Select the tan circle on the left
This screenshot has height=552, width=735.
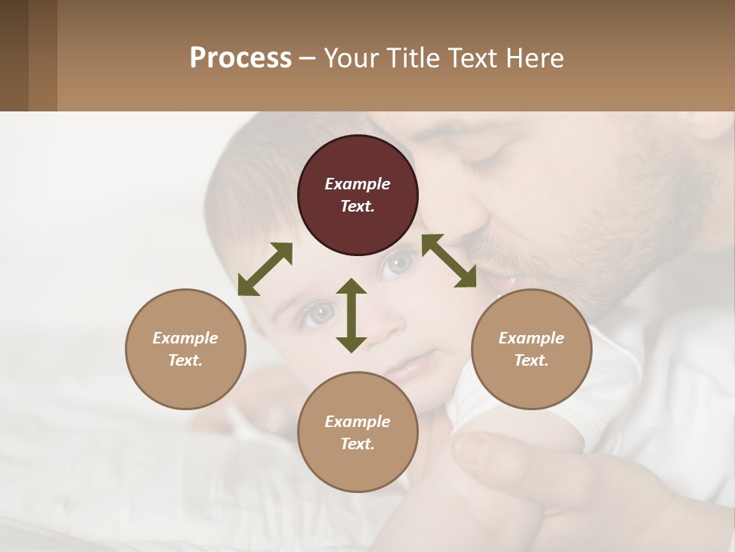click(x=185, y=349)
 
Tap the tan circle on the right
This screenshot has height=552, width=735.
click(x=531, y=349)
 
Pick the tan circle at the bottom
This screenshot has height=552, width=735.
click(x=358, y=432)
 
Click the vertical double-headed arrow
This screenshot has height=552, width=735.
click(x=351, y=315)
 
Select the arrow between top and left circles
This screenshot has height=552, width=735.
click(x=265, y=269)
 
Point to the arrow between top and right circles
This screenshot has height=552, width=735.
click(x=449, y=261)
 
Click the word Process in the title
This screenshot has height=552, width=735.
click(x=240, y=58)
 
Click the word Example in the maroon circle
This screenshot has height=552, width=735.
click(x=358, y=184)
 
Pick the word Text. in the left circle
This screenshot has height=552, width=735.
click(x=185, y=360)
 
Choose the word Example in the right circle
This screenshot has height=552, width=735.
click(x=531, y=338)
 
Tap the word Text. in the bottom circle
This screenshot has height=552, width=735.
click(x=358, y=444)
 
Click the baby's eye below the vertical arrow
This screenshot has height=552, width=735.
click(x=320, y=313)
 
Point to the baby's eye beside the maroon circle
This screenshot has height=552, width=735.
click(x=397, y=265)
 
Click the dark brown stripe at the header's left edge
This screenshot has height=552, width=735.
click(x=14, y=55)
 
